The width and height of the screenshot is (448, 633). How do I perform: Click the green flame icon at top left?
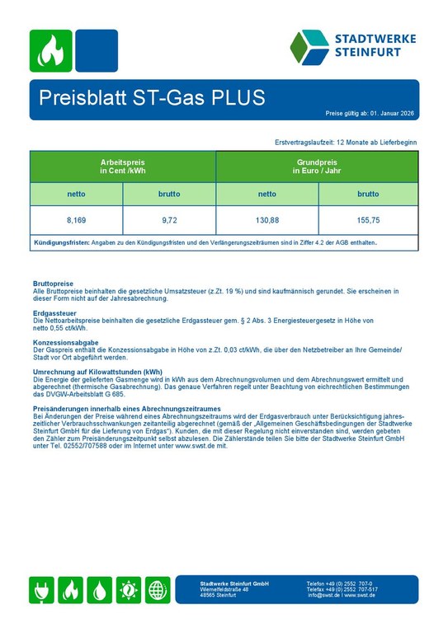click(x=51, y=50)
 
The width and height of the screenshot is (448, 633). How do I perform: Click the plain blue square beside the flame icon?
click(x=96, y=50)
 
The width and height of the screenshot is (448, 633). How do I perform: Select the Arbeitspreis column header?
click(x=122, y=166)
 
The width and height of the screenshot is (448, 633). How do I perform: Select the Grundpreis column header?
click(x=317, y=166)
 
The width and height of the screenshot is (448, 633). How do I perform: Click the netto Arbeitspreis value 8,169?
click(x=76, y=221)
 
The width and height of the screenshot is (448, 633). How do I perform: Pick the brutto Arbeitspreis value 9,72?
click(x=169, y=221)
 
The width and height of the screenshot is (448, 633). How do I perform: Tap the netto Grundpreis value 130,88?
click(x=267, y=221)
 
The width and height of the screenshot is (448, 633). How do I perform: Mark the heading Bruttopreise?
click(x=53, y=284)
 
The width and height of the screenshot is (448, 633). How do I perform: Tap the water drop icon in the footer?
click(x=100, y=590)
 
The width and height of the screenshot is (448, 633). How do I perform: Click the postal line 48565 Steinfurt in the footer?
click(x=219, y=595)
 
